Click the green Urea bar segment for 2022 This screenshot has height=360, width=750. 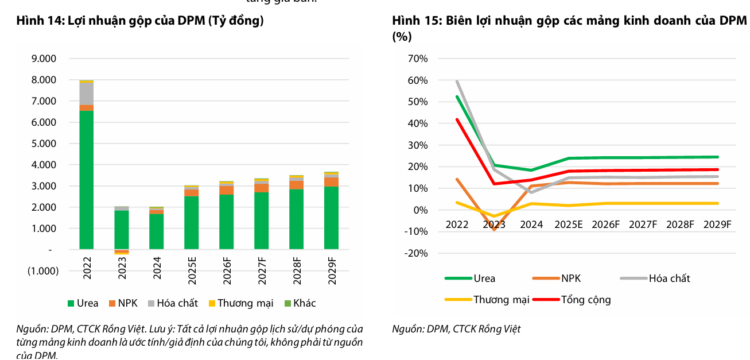(x=87, y=180)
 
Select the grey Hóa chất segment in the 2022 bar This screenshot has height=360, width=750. (x=87, y=94)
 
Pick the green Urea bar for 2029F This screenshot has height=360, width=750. (x=331, y=218)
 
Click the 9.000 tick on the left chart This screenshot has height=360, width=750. (x=44, y=59)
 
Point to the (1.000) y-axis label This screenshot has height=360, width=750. (x=43, y=271)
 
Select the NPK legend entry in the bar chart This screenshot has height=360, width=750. (x=124, y=303)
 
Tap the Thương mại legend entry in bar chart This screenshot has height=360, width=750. (x=240, y=303)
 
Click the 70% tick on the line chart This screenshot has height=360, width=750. (x=417, y=59)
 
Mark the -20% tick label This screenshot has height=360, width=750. (x=415, y=253)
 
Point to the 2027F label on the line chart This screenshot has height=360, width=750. (x=643, y=224)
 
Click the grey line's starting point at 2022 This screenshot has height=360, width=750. (x=457, y=82)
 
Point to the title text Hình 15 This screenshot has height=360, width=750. (x=416, y=21)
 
